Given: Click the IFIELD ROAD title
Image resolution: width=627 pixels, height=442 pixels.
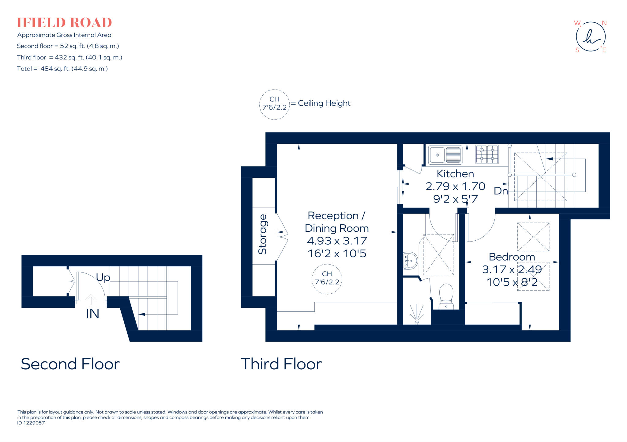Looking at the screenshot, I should point(64,23).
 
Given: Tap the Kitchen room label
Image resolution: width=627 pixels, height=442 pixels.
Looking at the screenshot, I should point(455,174).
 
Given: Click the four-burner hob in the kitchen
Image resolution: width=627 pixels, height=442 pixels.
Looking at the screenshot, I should point(487,154).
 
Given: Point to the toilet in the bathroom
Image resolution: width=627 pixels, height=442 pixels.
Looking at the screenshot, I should point(446,296).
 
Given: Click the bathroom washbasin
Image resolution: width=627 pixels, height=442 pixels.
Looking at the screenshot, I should point(410,261).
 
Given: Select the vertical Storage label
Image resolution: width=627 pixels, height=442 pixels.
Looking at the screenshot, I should point(263,234).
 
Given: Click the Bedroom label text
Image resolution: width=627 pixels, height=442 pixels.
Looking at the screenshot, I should point(512,257).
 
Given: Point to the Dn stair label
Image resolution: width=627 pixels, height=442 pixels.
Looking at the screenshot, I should point(501,191).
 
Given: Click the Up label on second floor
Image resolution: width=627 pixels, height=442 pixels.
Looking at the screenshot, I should point(103,277).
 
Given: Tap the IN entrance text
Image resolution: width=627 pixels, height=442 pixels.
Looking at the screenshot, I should point(92,314).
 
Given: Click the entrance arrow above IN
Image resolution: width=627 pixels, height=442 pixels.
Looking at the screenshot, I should point(91,299).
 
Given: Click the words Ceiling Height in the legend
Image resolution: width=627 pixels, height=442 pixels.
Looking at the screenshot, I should point(324,103).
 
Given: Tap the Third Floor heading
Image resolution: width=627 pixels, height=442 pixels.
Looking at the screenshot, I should point(281,364).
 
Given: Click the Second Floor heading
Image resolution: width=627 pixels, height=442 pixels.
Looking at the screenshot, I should point(70,364).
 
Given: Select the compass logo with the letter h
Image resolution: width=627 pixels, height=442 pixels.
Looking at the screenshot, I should point(591,37).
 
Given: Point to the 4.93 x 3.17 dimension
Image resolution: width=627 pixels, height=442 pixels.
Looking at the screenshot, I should point(337,241).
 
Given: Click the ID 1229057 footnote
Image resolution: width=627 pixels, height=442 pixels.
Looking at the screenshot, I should point(31,423).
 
